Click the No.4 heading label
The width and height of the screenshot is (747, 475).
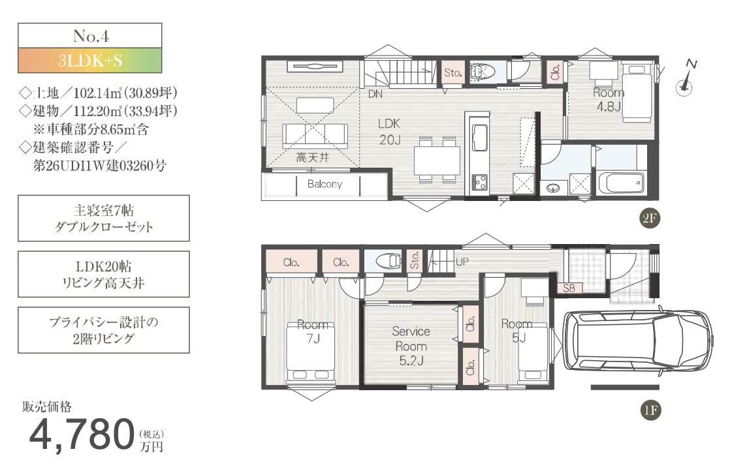tap(91, 36)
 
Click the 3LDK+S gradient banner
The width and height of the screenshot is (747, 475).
tap(90, 61)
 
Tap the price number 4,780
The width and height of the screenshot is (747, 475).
tap(82, 434)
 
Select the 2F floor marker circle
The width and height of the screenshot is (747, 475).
tap(649, 219)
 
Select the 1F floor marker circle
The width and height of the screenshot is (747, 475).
tap(650, 410)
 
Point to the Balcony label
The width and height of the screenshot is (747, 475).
tap(325, 184)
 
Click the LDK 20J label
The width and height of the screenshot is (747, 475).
tap(389, 131)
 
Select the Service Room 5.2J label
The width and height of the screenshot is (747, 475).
tap(411, 346)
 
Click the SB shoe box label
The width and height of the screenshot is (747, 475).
tap(569, 288)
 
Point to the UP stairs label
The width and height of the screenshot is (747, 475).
tap(462, 261)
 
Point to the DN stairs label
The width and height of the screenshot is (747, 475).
tap(375, 94)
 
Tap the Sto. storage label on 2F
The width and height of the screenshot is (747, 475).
tap(453, 73)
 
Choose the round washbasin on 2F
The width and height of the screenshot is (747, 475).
tap(554, 187)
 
